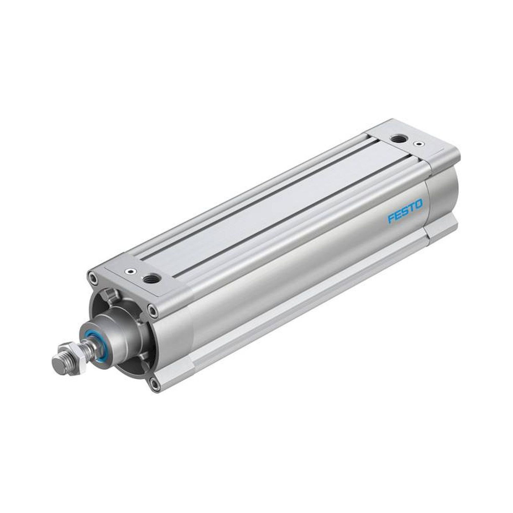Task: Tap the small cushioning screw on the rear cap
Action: click(419, 144)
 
